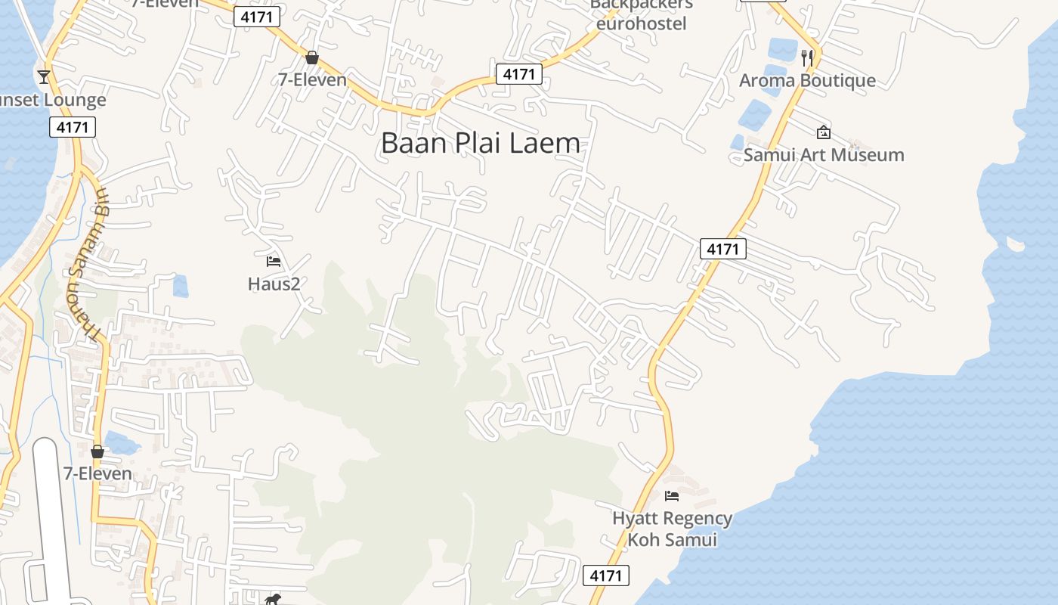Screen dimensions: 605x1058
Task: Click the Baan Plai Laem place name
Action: coord(481,143)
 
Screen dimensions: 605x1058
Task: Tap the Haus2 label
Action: coord(274,284)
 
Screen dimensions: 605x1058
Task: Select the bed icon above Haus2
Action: coord(274,262)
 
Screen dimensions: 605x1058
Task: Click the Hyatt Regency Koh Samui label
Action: coord(672,529)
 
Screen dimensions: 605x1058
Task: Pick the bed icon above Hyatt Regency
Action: coord(671,496)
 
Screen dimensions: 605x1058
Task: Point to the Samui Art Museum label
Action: coord(824,155)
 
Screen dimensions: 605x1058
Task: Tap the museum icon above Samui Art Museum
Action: coord(823,132)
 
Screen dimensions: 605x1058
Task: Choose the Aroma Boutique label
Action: coord(807,80)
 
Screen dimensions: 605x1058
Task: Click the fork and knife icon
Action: coord(807,57)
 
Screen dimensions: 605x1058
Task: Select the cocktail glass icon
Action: coord(44,76)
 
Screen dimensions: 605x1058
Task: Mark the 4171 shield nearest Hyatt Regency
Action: coord(606,576)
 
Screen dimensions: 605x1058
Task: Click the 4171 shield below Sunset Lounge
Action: coord(73,127)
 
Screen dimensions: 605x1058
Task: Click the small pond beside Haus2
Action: coord(180,286)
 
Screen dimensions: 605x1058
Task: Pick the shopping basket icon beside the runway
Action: coord(97,451)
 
